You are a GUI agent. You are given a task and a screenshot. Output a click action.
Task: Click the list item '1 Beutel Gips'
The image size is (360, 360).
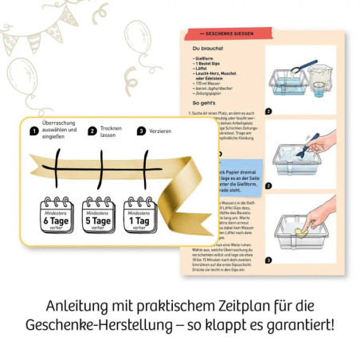(211, 63)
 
